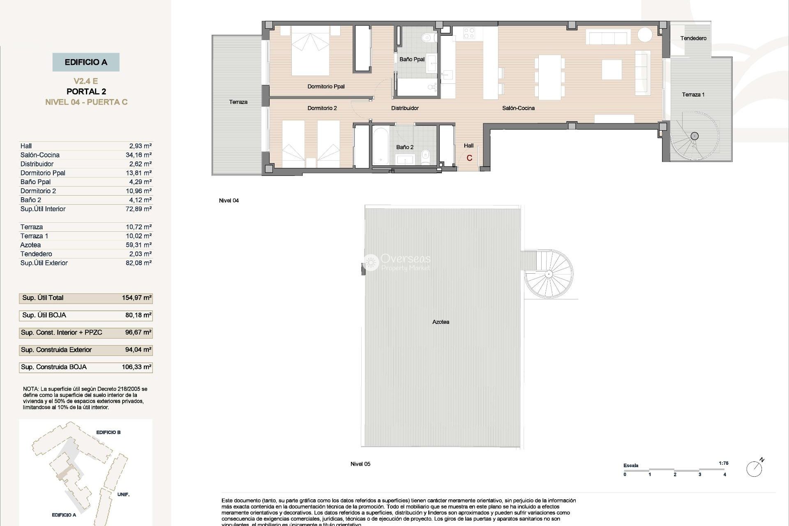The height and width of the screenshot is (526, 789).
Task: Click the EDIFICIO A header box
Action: pos(86,62)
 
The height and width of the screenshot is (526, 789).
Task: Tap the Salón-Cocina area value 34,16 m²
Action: pos(138,155)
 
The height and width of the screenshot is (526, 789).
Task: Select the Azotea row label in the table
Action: pos(30,245)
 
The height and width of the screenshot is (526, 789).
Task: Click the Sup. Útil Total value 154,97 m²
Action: pos(136,298)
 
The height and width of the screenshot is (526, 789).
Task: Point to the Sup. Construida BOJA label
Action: pos(54,367)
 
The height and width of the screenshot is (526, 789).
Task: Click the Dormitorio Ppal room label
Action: pos(326,86)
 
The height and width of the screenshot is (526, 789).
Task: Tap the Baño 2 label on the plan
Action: pos(405,147)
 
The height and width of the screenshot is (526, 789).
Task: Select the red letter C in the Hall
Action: pos(469,158)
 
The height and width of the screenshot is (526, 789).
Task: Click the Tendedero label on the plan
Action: pos(693,38)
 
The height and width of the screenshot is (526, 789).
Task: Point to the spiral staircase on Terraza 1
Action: pos(694,136)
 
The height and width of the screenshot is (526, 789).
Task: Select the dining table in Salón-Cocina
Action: pos(549,77)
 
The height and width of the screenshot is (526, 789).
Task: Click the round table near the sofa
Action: pos(645,34)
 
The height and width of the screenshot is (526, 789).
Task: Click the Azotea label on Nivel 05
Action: pos(441,322)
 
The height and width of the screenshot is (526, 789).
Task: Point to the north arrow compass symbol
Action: pos(754,468)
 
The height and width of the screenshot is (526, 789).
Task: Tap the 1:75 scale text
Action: pos(723,463)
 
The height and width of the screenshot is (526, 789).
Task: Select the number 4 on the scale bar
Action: pos(724,475)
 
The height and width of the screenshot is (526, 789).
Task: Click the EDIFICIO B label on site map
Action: pos(108,432)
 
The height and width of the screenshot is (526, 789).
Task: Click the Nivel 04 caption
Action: pos(228,201)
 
